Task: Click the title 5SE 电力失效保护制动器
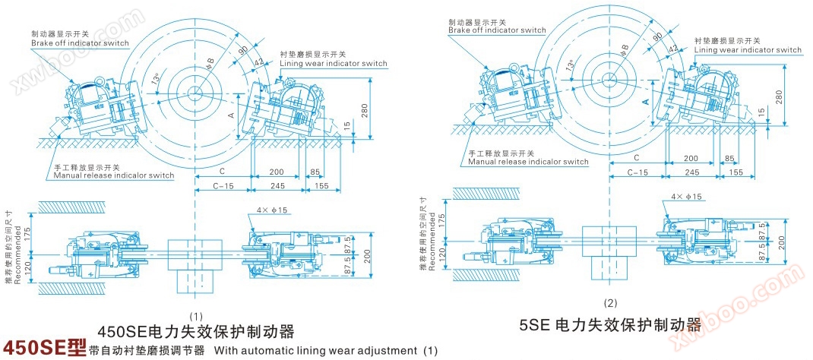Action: point(610,324)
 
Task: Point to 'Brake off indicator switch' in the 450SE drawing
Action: point(80,43)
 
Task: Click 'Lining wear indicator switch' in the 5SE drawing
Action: point(748,50)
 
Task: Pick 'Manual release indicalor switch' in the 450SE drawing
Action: point(113,175)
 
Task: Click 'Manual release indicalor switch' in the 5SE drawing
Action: point(528,162)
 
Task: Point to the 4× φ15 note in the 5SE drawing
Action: point(687,197)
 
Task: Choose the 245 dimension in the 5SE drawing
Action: point(691,173)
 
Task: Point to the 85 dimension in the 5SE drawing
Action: point(729,159)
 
